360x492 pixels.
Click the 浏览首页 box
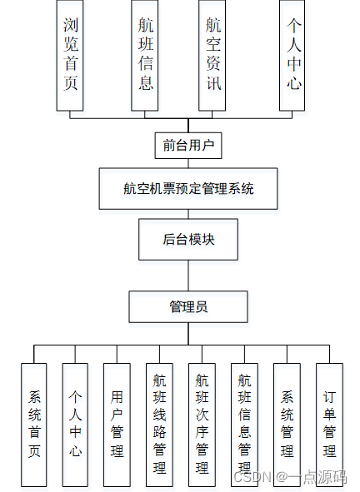(x=71, y=55)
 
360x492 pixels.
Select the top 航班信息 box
(x=145, y=55)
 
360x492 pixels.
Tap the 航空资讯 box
(x=213, y=55)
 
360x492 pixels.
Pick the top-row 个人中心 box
(x=292, y=55)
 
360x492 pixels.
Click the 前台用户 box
(x=187, y=146)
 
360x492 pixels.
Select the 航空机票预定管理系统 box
(x=187, y=189)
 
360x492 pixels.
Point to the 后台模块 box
(x=187, y=239)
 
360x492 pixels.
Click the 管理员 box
(x=187, y=306)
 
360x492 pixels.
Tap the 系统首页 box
(x=34, y=425)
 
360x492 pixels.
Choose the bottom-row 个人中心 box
(x=75, y=425)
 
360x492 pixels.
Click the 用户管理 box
(x=117, y=425)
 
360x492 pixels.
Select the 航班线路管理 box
(x=159, y=425)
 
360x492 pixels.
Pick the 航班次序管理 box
(x=202, y=425)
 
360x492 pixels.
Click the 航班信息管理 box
(x=244, y=425)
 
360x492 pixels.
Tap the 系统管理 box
(x=287, y=425)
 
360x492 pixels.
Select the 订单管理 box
(x=329, y=425)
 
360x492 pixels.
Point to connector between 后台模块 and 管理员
(x=187, y=275)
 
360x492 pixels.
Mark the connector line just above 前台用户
(x=187, y=125)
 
